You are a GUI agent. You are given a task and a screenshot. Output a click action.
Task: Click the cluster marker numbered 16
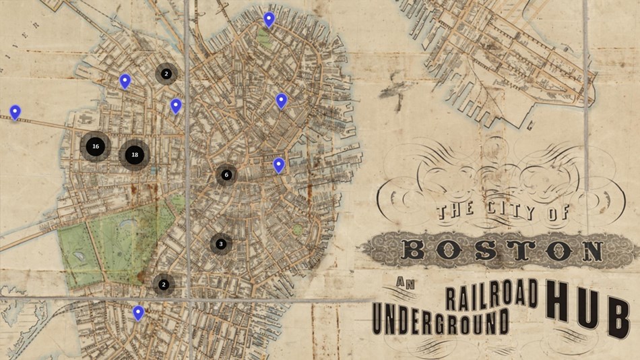tap(95, 146)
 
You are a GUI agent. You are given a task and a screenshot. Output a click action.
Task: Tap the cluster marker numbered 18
tap(135, 154)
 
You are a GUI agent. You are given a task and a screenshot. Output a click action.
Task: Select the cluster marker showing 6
tap(226, 175)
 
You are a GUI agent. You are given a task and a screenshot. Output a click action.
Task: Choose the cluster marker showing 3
tap(220, 243)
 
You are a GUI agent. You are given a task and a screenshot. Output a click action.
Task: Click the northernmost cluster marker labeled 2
tap(166, 73)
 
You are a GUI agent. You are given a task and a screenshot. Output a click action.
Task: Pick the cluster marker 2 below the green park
tap(164, 284)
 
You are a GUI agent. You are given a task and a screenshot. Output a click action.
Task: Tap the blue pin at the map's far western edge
tap(15, 112)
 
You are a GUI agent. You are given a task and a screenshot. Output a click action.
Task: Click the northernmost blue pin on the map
tap(269, 19)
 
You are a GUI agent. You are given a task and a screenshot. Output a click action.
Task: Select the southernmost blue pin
tap(138, 312)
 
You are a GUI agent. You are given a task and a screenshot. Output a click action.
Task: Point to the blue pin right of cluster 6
tap(279, 164)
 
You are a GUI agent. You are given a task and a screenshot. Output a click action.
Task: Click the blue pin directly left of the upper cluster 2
tap(125, 81)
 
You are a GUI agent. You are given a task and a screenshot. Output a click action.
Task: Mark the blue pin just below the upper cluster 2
tap(176, 105)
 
